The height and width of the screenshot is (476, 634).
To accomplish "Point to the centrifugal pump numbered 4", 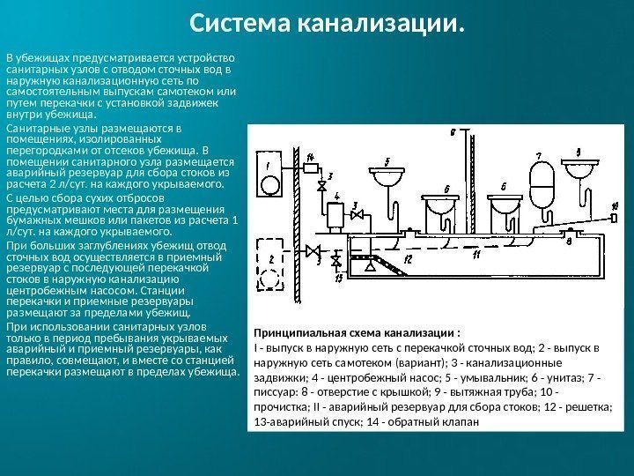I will (x=334, y=214).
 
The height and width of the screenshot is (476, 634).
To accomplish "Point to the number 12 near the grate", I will (x=407, y=260).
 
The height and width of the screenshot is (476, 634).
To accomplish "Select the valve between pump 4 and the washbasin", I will (x=356, y=214).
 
